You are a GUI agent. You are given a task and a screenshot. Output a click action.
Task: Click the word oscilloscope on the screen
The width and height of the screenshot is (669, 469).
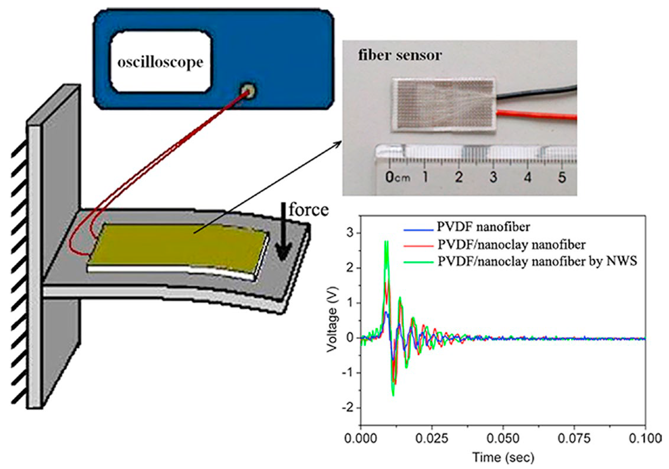point(160,62)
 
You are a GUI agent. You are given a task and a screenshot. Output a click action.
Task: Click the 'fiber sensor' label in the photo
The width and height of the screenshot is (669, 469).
point(400,55)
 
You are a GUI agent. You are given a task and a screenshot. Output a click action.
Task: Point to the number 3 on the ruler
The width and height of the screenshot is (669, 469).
point(493,177)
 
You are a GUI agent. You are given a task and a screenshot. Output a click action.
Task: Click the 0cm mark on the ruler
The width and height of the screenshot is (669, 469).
point(397,177)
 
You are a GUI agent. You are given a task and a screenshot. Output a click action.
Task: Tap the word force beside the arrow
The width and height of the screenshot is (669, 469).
point(309,210)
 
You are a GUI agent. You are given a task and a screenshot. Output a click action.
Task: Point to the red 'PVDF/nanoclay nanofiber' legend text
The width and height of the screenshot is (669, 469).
point(511,244)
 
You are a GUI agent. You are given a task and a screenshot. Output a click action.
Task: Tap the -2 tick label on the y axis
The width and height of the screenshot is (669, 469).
point(347,408)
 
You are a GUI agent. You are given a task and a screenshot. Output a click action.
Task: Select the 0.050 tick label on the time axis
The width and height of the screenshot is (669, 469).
point(503,438)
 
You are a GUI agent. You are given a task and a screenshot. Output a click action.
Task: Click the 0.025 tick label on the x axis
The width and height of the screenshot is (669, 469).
point(431,438)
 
